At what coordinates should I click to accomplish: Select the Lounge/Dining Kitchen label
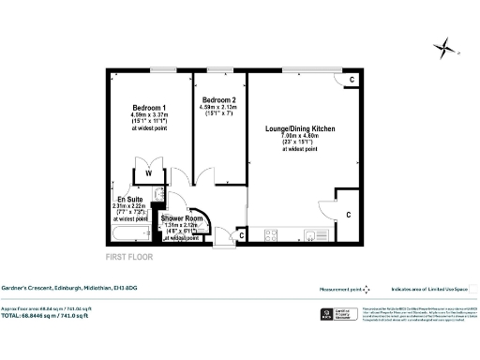300,127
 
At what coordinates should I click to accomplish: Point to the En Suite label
117,200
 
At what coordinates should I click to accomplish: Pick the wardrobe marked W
148,173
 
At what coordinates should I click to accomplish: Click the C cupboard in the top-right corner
350,81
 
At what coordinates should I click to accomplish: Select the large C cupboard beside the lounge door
347,215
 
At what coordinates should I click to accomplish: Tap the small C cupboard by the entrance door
242,235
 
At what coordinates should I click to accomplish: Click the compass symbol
445,48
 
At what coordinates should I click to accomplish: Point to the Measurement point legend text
339,290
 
